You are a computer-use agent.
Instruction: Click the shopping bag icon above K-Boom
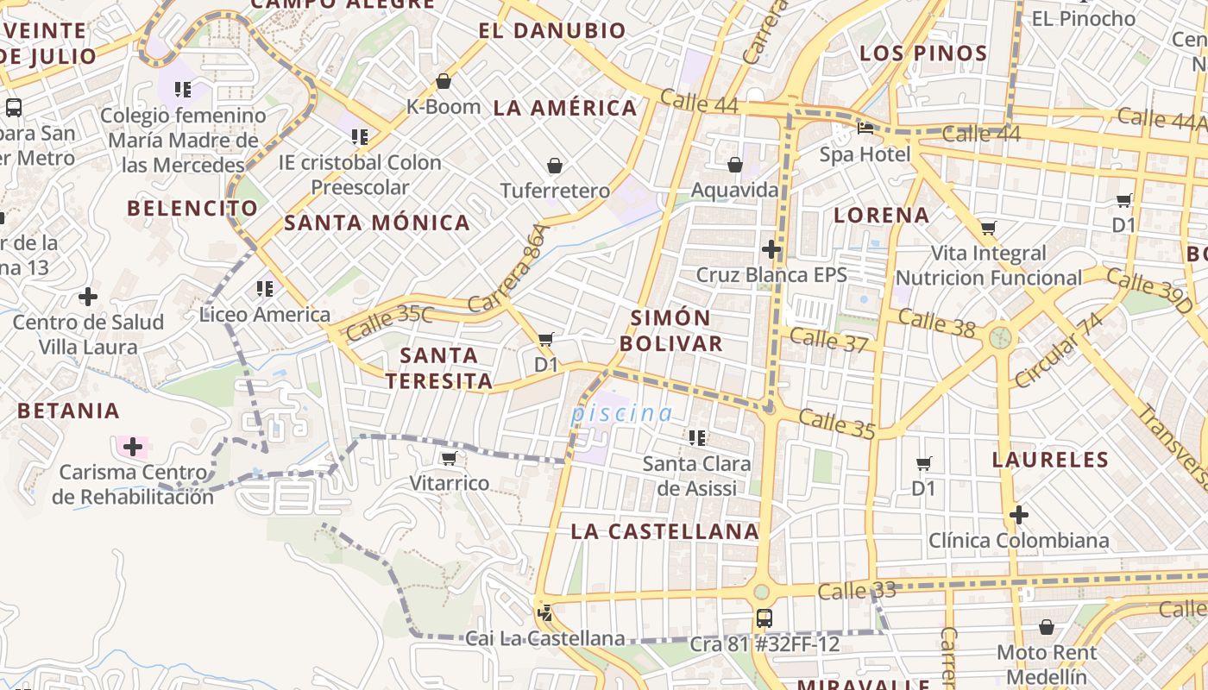444,82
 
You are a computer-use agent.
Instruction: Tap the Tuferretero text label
555,191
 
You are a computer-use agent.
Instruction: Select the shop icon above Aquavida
735,165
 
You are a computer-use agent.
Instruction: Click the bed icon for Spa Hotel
865,129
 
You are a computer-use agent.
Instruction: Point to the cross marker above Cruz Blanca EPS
771,249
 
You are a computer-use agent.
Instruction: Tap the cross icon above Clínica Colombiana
1018,515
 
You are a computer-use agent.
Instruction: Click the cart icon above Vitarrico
448,458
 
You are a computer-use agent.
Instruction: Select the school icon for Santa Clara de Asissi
696,437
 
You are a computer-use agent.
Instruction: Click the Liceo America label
264,314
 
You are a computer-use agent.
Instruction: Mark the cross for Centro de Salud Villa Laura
88,297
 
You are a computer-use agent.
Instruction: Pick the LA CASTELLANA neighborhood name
664,531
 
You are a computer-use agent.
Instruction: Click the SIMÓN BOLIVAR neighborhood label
670,330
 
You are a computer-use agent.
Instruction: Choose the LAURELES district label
1049,460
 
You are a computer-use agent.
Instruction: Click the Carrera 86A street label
508,268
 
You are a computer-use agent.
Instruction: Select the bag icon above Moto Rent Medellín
1047,627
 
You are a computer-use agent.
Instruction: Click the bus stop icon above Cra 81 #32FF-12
764,618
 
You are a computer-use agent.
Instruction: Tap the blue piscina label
621,414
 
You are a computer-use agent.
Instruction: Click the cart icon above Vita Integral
988,229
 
